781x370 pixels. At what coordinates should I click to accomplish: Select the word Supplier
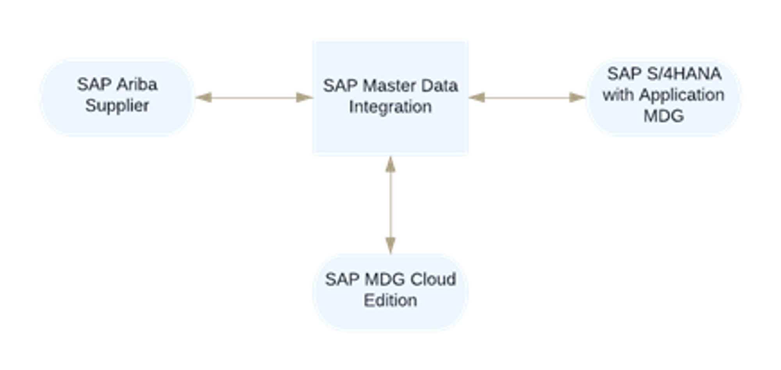click(x=117, y=106)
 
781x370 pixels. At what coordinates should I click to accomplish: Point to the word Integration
click(x=390, y=107)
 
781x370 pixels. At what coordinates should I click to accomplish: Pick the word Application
click(x=681, y=95)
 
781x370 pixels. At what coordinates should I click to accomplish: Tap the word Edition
click(x=390, y=300)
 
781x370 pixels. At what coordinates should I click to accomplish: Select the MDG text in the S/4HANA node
click(x=663, y=116)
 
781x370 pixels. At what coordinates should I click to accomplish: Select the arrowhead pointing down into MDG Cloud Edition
click(x=390, y=243)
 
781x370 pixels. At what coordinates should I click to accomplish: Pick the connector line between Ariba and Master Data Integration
click(x=254, y=97)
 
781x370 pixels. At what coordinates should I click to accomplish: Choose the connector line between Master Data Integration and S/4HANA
click(x=527, y=97)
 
